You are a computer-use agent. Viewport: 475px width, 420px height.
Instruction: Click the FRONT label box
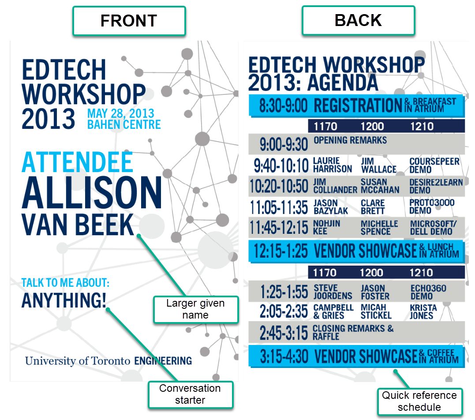pyautogui.click(x=129, y=21)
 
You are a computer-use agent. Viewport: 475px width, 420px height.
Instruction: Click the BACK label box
pyautogui.click(x=359, y=20)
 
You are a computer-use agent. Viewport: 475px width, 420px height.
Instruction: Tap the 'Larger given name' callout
pyautogui.click(x=196, y=309)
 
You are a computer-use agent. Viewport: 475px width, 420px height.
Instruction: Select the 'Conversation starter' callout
pyautogui.click(x=190, y=394)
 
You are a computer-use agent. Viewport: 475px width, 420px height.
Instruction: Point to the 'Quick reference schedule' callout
pyautogui.click(x=419, y=401)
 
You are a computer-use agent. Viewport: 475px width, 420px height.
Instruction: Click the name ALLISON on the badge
pyautogui.click(x=92, y=193)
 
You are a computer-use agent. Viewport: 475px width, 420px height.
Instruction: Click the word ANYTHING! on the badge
pyautogui.click(x=64, y=300)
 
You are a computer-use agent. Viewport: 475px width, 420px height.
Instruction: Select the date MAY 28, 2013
pyautogui.click(x=121, y=114)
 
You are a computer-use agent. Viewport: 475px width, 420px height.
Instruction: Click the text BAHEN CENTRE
pyautogui.click(x=124, y=124)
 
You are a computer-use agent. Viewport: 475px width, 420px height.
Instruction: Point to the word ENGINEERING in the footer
pyautogui.click(x=163, y=360)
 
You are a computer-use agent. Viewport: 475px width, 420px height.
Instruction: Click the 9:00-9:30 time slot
pyautogui.click(x=284, y=144)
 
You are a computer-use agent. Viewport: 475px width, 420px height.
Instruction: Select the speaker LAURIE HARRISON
pyautogui.click(x=333, y=165)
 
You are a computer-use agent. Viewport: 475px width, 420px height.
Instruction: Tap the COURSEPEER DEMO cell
pyautogui.click(x=434, y=165)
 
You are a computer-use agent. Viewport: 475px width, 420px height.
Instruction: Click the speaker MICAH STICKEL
pyautogui.click(x=376, y=311)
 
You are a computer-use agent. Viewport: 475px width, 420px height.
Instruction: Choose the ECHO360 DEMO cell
pyautogui.click(x=428, y=292)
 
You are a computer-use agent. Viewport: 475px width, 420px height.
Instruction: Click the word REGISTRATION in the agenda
pyautogui.click(x=358, y=105)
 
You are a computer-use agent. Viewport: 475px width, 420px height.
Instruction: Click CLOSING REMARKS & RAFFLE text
pyautogui.click(x=353, y=332)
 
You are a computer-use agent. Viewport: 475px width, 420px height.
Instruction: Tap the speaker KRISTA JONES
pyautogui.click(x=423, y=312)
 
